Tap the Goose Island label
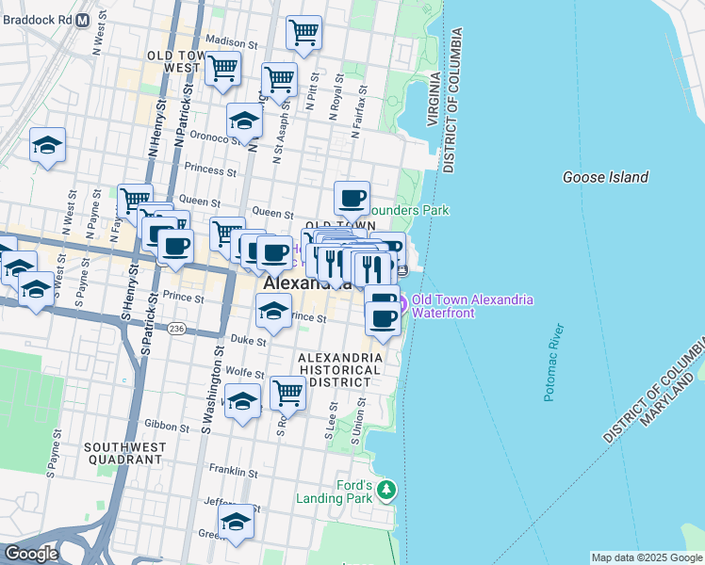(x=605, y=177)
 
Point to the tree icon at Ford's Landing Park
(x=385, y=490)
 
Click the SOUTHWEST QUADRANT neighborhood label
(x=124, y=453)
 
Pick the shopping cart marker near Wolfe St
(x=287, y=393)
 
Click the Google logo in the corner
(x=31, y=555)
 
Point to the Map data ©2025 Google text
(x=646, y=557)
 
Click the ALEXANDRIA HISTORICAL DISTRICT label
(x=339, y=370)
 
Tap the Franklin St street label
(x=233, y=471)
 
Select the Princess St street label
(x=210, y=171)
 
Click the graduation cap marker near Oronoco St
(x=244, y=121)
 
